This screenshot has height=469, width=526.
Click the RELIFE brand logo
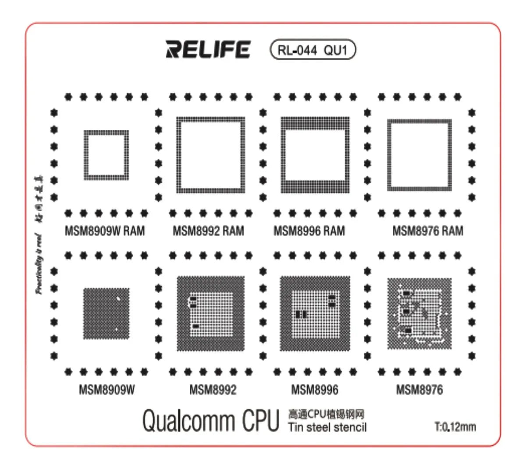pos(208,50)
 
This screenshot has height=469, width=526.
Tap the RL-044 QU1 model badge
pos(312,50)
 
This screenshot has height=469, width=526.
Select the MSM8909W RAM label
pos(104,231)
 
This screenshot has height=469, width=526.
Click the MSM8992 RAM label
pos(208,231)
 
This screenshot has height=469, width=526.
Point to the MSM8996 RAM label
pos(309,231)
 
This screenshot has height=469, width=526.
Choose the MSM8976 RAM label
pos(427,231)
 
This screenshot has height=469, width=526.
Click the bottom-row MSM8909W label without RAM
pos(107,389)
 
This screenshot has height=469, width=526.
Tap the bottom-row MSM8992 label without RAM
pos(213,389)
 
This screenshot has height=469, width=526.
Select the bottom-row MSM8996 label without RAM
pos(315,389)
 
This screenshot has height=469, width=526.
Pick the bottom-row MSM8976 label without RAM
pos(419,389)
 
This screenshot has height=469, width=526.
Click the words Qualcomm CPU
pos(210,420)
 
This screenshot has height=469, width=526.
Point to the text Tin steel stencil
pos(327,427)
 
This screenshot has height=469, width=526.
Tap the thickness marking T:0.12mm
pos(455,426)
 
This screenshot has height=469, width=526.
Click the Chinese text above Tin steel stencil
pos(326,414)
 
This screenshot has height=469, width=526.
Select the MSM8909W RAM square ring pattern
pos(107,155)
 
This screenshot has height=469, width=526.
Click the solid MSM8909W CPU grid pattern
pos(107,313)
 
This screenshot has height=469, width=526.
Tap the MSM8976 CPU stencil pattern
pos(419,313)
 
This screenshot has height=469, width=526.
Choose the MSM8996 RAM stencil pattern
pos(315,155)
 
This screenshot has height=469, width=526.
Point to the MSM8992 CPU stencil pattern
pos(210,313)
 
